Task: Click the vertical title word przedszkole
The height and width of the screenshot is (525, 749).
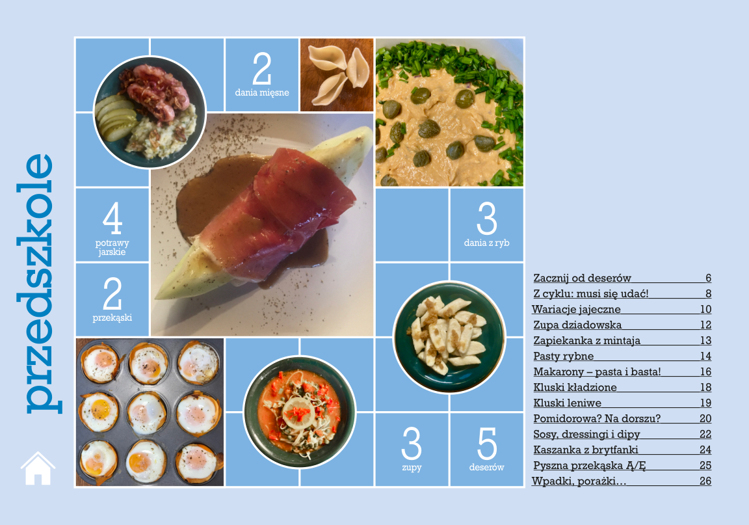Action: click(39, 283)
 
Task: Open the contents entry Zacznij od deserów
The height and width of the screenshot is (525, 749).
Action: click(582, 278)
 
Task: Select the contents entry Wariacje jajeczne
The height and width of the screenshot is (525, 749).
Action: click(577, 310)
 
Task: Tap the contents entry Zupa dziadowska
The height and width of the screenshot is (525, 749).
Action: click(577, 325)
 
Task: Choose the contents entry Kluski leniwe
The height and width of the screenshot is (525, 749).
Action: click(567, 403)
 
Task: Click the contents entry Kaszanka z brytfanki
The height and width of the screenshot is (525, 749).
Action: click(586, 450)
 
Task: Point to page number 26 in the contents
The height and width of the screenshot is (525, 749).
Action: click(705, 481)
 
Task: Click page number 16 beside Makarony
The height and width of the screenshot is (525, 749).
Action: click(705, 371)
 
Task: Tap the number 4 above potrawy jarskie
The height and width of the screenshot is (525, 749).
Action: click(112, 218)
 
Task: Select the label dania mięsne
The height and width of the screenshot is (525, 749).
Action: click(262, 92)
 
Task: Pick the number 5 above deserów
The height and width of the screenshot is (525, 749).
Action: click(487, 443)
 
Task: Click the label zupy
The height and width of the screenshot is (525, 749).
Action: click(412, 467)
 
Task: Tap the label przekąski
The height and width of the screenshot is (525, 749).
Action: click(112, 317)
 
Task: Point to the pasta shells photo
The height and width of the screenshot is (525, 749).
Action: click(337, 75)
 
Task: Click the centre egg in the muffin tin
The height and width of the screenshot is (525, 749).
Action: click(147, 412)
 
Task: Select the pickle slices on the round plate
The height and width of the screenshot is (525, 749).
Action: click(114, 117)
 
